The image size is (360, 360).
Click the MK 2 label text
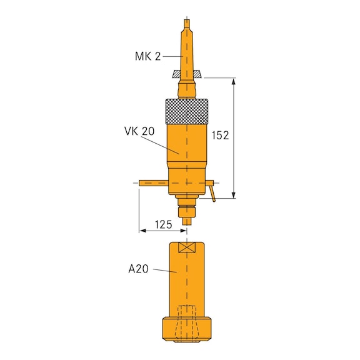(147, 56)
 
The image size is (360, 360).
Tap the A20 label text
(139, 269)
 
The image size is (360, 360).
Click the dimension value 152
(221, 135)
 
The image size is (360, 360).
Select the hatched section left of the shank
(176, 74)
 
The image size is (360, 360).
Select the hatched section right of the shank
(196, 74)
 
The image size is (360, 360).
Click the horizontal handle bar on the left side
(153, 182)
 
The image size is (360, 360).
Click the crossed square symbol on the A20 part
(187, 247)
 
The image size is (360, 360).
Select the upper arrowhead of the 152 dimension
(235, 82)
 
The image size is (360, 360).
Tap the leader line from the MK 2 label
(172, 57)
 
